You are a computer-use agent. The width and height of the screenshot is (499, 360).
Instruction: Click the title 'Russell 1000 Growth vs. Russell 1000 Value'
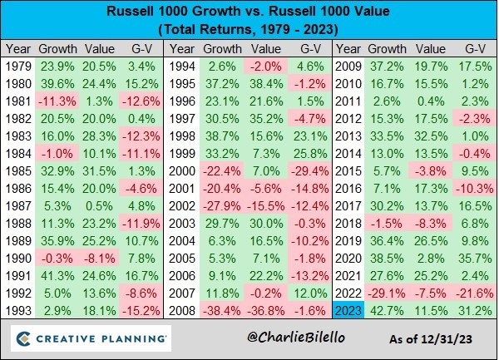[x=249, y=13]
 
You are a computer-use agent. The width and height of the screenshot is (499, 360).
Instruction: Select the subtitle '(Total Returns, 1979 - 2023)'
[x=249, y=31]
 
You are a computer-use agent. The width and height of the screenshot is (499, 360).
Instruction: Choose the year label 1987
[x=17, y=208]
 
